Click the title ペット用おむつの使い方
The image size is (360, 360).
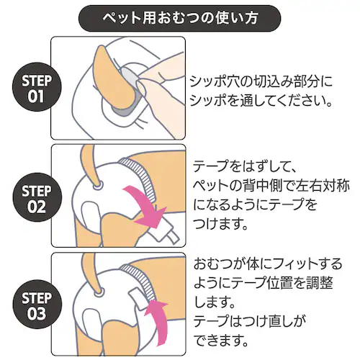coord(179,16)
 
